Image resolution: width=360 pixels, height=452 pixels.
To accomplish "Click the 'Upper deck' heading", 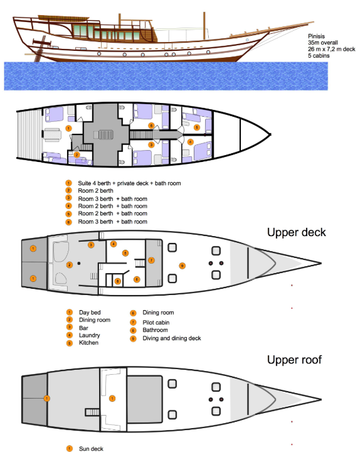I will point(296,232).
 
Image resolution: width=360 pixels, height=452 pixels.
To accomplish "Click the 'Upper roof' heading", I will point(295,360).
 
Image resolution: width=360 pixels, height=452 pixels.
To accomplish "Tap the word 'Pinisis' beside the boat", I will point(317,36).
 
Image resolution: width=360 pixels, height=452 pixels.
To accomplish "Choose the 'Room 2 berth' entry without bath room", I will point(95,190).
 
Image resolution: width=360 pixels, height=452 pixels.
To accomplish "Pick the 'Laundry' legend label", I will point(89,335).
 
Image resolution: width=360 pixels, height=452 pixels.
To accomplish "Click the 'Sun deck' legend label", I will point(90,449).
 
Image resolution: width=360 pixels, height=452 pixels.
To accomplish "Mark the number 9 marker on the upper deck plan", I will point(182,266).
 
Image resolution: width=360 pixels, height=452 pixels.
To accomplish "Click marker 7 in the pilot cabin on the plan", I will point(151,260).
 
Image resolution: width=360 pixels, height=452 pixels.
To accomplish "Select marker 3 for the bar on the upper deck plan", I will point(91,244).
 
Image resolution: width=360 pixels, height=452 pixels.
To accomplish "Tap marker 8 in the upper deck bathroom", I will point(118,281).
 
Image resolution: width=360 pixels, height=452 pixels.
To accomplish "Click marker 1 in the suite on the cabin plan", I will point(68,128).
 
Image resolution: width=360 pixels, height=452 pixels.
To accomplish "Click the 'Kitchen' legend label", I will point(88,343).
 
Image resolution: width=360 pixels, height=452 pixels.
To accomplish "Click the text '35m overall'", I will point(322,43).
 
